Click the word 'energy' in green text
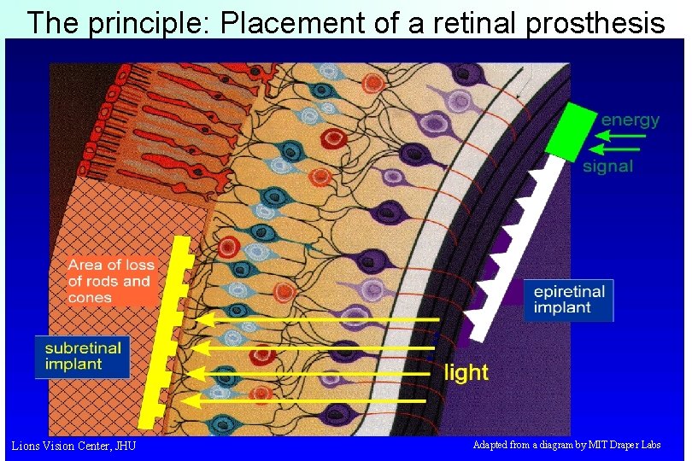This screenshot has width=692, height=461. [630, 120]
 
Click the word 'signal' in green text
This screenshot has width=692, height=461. [607, 166]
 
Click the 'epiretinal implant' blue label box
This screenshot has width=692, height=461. [568, 301]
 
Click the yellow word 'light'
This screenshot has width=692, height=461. [466, 372]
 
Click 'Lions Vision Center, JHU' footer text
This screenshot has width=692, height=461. [73, 446]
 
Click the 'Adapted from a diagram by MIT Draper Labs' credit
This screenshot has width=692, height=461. [566, 445]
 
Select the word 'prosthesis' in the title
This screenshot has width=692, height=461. [595, 23]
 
